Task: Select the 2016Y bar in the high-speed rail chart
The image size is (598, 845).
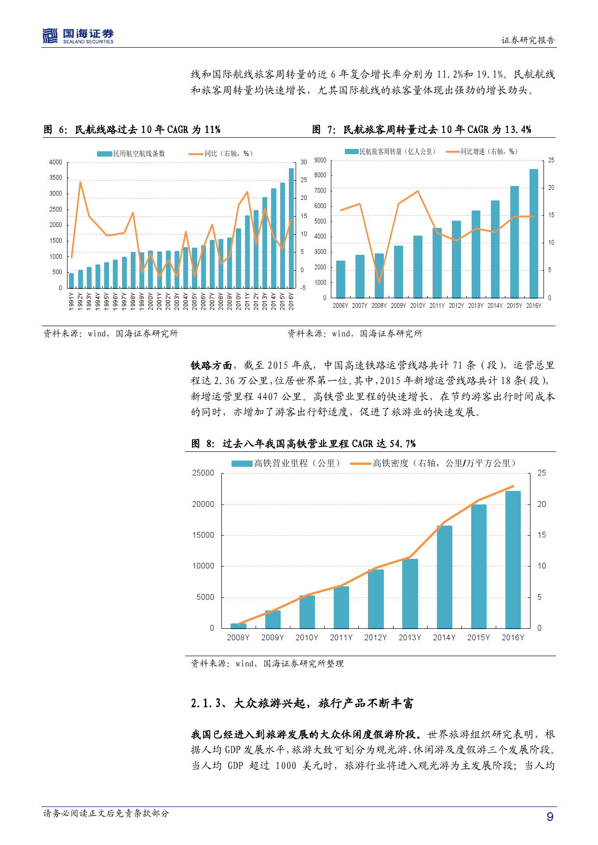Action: click(x=513, y=559)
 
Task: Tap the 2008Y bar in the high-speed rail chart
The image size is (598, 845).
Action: click(x=238, y=625)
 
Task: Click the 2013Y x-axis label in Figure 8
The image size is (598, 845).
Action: click(x=409, y=637)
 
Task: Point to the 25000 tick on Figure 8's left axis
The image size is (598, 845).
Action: click(x=203, y=473)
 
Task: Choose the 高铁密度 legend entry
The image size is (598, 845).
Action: click(x=433, y=463)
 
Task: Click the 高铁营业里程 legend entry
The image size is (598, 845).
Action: click(x=285, y=463)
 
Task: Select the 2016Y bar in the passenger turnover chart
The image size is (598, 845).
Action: click(x=533, y=233)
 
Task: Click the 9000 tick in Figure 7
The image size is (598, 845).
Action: click(x=320, y=160)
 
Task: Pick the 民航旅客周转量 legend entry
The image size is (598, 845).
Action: click(x=390, y=152)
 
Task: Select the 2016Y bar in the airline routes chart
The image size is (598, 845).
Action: click(x=291, y=228)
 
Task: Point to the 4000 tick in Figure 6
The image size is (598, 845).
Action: click(x=56, y=162)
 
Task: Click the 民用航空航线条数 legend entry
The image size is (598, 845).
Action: click(x=131, y=154)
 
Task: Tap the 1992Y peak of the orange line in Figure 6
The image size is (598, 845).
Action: click(x=80, y=182)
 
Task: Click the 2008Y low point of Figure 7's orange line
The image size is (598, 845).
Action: click(x=379, y=283)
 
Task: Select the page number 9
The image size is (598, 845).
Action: click(x=550, y=817)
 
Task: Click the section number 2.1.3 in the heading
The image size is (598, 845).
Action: click(x=206, y=703)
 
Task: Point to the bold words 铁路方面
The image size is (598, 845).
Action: click(x=211, y=366)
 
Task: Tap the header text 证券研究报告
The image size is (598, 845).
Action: click(x=528, y=40)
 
